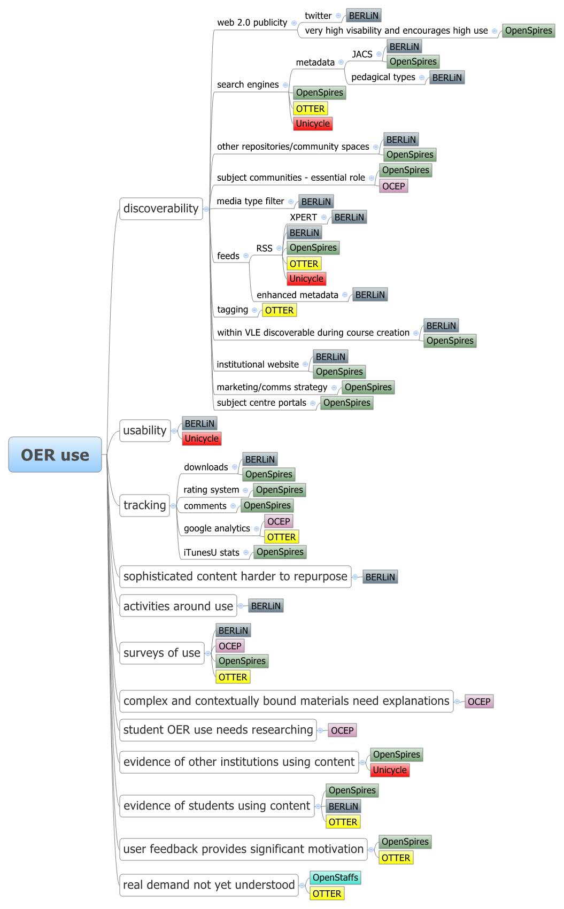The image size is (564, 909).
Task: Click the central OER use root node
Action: [55, 454]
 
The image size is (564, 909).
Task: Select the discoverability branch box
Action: [161, 209]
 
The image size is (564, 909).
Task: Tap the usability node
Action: [145, 430]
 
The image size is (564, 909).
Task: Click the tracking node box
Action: [144, 505]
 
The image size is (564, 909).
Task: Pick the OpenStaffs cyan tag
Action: [335, 877]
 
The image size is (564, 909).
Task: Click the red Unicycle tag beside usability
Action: [202, 438]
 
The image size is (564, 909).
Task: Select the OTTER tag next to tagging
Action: [279, 310]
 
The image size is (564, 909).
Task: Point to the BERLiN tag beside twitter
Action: [364, 16]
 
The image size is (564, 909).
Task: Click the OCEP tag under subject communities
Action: [393, 186]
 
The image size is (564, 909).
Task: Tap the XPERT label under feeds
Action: [303, 217]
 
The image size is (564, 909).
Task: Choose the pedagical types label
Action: [383, 77]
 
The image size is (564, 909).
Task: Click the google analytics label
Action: [217, 528]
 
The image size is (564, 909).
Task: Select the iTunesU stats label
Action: [211, 552]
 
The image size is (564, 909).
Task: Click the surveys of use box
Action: [161, 653]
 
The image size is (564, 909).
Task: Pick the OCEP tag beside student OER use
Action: [342, 730]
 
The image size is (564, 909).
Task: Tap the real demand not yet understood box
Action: [208, 885]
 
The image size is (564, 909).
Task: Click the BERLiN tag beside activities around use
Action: [266, 606]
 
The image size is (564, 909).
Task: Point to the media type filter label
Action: [250, 201]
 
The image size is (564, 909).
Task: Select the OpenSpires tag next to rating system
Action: [279, 490]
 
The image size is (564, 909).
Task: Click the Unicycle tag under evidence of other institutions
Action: [390, 770]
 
